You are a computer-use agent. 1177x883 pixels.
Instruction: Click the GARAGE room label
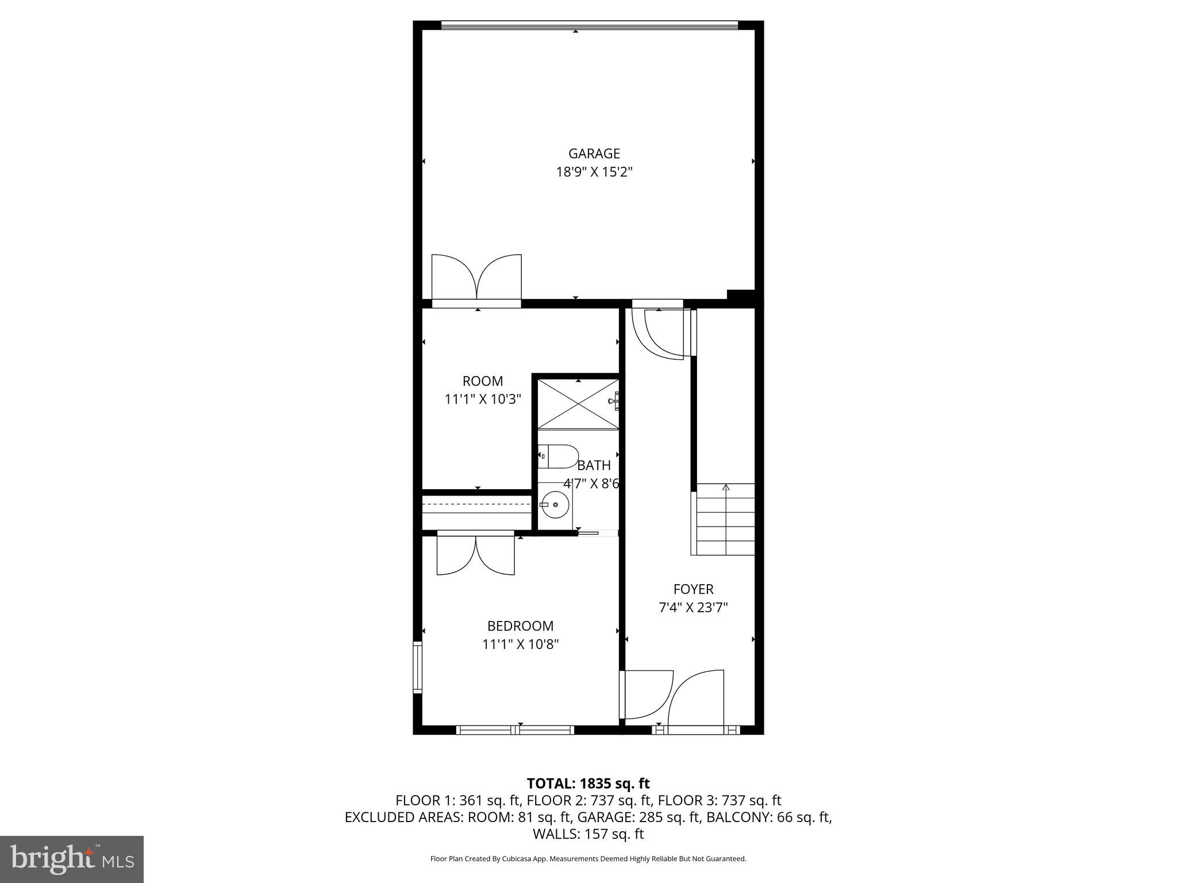[x=594, y=153]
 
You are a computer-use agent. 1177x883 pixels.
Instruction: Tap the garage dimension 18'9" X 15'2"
[x=594, y=172]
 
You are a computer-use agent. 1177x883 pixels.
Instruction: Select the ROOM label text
[x=482, y=381]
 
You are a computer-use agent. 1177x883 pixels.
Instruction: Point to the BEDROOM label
[x=520, y=626]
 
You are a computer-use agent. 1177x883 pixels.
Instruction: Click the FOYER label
[x=693, y=589]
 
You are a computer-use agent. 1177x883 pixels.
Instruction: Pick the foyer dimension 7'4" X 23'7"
[x=693, y=608]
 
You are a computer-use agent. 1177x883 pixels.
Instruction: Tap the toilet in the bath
[x=558, y=456]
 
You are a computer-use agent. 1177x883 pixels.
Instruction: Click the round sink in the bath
[x=555, y=505]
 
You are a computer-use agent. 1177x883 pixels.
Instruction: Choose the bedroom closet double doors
[x=475, y=554]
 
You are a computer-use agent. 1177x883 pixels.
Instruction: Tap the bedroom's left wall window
[x=418, y=667]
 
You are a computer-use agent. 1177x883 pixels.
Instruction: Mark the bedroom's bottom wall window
[x=515, y=730]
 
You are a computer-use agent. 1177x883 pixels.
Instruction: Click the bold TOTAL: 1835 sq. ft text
[x=588, y=784]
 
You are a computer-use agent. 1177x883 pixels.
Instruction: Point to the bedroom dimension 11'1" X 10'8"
[x=520, y=644]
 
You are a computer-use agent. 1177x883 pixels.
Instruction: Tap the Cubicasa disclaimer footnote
[x=588, y=859]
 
